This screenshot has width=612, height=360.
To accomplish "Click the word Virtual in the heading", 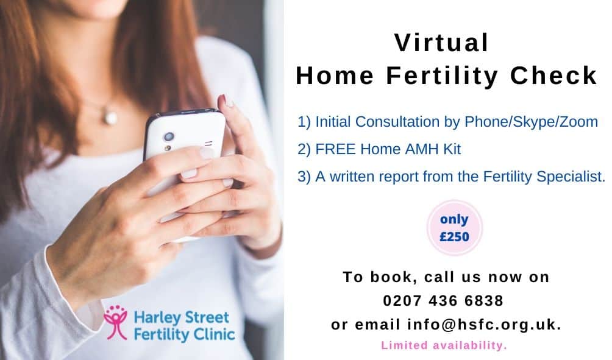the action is [x=441, y=43].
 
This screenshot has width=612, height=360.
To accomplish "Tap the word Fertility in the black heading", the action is [x=442, y=76].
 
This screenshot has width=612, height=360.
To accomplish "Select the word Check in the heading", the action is [x=554, y=76].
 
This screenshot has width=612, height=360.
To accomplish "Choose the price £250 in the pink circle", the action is [x=454, y=237].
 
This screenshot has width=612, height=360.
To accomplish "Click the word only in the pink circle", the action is [x=454, y=219].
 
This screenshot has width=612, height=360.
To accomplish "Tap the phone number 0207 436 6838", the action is [x=443, y=301].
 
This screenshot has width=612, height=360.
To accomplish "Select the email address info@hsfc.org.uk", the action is [x=484, y=325].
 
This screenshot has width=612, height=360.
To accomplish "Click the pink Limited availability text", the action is [x=444, y=345].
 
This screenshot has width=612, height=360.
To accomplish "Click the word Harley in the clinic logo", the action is [x=157, y=318].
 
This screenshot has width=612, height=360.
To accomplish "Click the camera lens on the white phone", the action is [x=169, y=136].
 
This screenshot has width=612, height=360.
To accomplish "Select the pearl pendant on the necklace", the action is [x=110, y=118].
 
